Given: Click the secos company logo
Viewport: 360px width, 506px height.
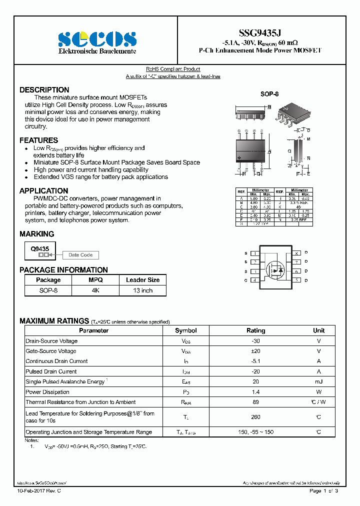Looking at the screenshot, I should coord(97,39).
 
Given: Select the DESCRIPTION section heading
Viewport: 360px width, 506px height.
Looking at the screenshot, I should coord(44,90).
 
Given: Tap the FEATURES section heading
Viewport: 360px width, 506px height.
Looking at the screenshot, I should coord(39,140).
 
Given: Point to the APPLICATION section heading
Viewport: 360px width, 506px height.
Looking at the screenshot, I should coord(44,191).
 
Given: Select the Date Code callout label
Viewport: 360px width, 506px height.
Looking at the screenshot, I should coord(80,255).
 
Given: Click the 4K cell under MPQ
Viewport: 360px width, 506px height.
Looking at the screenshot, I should coord(95,290).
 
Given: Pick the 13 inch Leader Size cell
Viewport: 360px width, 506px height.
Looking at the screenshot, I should coord(142,290).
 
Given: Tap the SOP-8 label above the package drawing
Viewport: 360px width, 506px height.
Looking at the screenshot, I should coord(269,94).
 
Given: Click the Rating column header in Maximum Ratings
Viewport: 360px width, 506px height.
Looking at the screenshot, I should coord(255,330).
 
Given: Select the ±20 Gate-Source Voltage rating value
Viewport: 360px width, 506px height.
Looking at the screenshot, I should coord(255,351).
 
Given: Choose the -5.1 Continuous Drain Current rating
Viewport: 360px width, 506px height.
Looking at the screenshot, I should coord(255,361).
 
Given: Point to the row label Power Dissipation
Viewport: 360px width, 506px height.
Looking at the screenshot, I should coord(48,392).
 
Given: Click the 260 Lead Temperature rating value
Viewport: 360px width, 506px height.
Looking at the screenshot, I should coord(255,416).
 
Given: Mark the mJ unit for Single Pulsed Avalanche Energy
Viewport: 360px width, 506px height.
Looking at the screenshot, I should coord(318,381).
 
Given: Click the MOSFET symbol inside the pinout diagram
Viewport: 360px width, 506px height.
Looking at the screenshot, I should coord(273,270).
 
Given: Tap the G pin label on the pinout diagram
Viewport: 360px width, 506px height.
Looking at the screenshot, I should coord(245,280).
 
